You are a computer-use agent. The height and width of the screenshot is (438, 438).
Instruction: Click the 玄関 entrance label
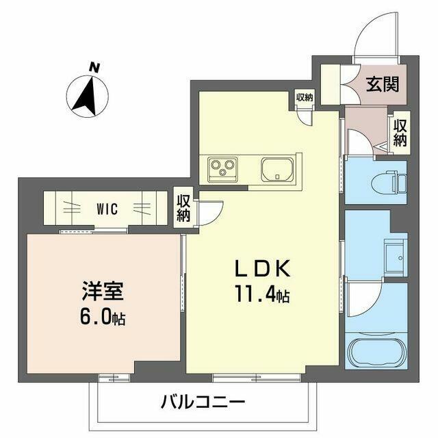pyautogui.click(x=383, y=83)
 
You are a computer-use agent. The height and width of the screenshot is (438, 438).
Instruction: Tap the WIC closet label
pyautogui.click(x=107, y=209)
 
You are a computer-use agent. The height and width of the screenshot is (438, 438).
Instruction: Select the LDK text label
pyautogui.click(x=263, y=268)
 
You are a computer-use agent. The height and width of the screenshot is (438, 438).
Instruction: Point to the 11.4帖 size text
pyautogui.click(x=262, y=294)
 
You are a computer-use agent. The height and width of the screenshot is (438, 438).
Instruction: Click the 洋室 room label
pyautogui.click(x=103, y=291)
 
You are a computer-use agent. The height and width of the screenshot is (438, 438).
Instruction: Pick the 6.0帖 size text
pyautogui.click(x=103, y=318)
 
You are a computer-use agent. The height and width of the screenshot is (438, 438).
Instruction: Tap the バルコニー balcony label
pyautogui.click(x=203, y=402)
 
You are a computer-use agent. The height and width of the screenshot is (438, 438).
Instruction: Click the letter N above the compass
pyautogui.click(x=94, y=68)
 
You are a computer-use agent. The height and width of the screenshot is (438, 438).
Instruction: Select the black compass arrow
pyautogui.click(x=86, y=96)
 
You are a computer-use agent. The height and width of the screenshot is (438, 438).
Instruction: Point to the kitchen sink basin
pyautogui.click(x=277, y=169)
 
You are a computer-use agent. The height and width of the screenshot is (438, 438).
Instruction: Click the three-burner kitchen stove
pyautogui.click(x=222, y=169)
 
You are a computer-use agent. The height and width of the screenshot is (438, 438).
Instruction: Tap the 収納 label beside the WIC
pyautogui.click(x=183, y=208)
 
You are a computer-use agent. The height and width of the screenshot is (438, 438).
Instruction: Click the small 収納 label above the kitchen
pyautogui.click(x=305, y=97)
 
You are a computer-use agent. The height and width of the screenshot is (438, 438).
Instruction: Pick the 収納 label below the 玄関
pyautogui.click(x=400, y=133)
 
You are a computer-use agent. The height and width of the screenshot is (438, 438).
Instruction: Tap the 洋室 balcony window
pyautogui.click(x=114, y=378)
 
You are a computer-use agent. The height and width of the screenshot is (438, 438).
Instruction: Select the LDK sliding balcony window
pyautogui.click(x=257, y=378)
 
